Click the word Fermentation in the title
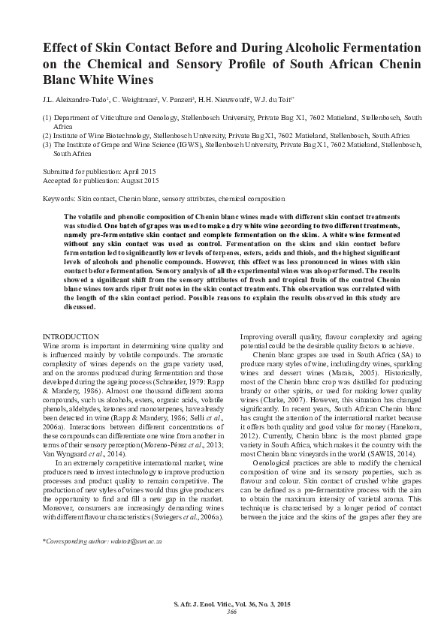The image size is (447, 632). pyautogui.click(x=375, y=47)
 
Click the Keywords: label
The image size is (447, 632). pyautogui.click(x=59, y=199)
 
